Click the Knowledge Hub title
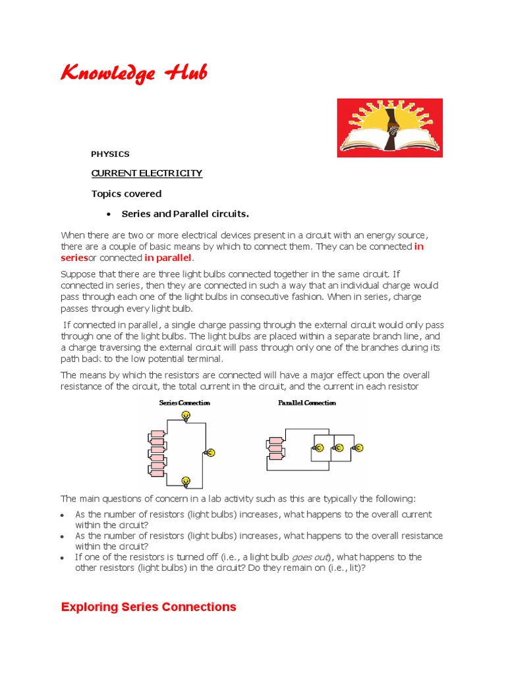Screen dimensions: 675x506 pyautogui.click(x=133, y=73)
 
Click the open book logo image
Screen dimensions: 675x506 pyautogui.click(x=389, y=128)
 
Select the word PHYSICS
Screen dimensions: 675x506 pyautogui.click(x=110, y=154)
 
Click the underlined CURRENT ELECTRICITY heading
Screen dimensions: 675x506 pyautogui.click(x=146, y=173)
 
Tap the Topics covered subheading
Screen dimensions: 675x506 pyautogui.click(x=126, y=194)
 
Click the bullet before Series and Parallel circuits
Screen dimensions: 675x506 pyautogui.click(x=108, y=214)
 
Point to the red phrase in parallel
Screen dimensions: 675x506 pyautogui.click(x=168, y=257)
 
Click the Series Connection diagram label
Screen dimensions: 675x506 pyautogui.click(x=184, y=403)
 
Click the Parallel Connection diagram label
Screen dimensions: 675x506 pyautogui.click(x=306, y=403)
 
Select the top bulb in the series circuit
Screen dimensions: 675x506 pyautogui.click(x=186, y=415)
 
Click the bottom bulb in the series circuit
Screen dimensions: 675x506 pyautogui.click(x=186, y=481)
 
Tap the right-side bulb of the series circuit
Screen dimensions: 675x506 pyautogui.click(x=211, y=452)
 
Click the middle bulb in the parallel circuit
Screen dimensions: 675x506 pyautogui.click(x=339, y=448)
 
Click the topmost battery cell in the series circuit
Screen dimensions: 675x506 pyautogui.click(x=157, y=434)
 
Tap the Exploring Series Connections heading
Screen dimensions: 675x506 pyautogui.click(x=148, y=607)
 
